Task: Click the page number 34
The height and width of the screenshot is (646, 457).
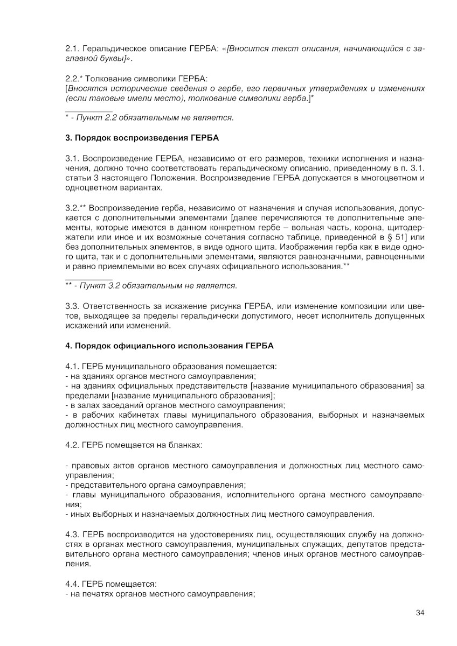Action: [x=420, y=613]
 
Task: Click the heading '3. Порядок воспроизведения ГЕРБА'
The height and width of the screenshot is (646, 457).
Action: [x=142, y=138]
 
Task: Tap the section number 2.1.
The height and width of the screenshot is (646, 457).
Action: [x=72, y=49]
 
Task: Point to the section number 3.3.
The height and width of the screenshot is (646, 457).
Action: [x=72, y=306]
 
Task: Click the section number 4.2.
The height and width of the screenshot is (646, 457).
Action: [x=72, y=445]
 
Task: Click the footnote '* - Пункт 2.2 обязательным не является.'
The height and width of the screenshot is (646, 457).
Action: [x=149, y=117]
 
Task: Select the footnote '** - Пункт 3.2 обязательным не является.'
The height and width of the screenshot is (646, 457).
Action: [x=151, y=285]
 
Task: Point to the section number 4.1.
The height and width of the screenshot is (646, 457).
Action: [x=72, y=366]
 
